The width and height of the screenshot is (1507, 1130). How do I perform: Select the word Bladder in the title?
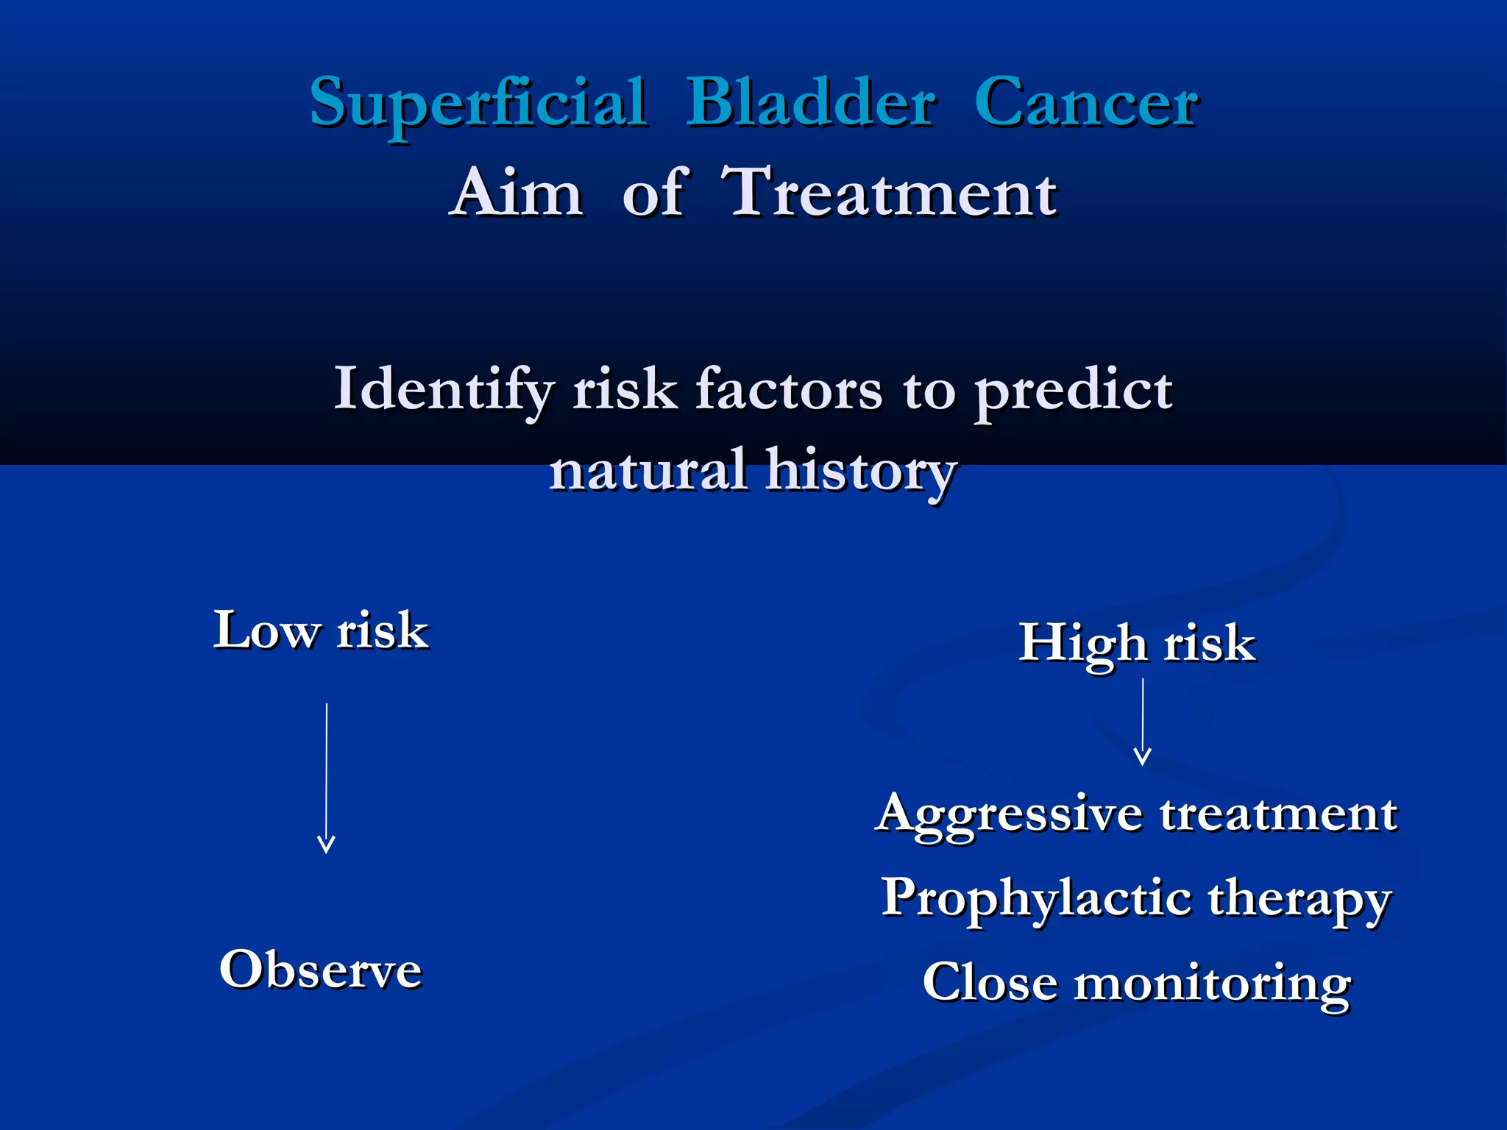811,103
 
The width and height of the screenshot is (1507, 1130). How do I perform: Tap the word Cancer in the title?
1087,103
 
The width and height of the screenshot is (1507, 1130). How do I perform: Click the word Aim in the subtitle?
517,193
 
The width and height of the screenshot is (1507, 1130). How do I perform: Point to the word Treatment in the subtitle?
890,193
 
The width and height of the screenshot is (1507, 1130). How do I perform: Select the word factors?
788,390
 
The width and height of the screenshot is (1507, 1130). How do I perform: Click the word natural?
648,471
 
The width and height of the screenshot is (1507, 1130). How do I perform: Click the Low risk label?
321,631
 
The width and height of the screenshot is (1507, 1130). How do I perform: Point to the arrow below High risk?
1142,722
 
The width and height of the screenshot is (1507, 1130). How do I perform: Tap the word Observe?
321,970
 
